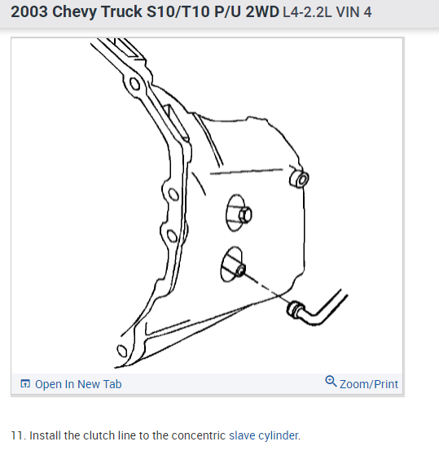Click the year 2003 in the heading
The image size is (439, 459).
30,13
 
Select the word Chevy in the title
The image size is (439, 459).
77,13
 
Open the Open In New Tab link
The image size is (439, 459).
78,384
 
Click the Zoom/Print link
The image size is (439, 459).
369,384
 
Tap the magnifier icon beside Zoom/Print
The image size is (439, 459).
331,382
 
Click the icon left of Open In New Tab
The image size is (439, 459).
25,384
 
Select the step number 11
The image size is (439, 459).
17,435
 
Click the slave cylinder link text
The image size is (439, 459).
264,435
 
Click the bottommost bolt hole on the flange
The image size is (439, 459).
122,352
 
